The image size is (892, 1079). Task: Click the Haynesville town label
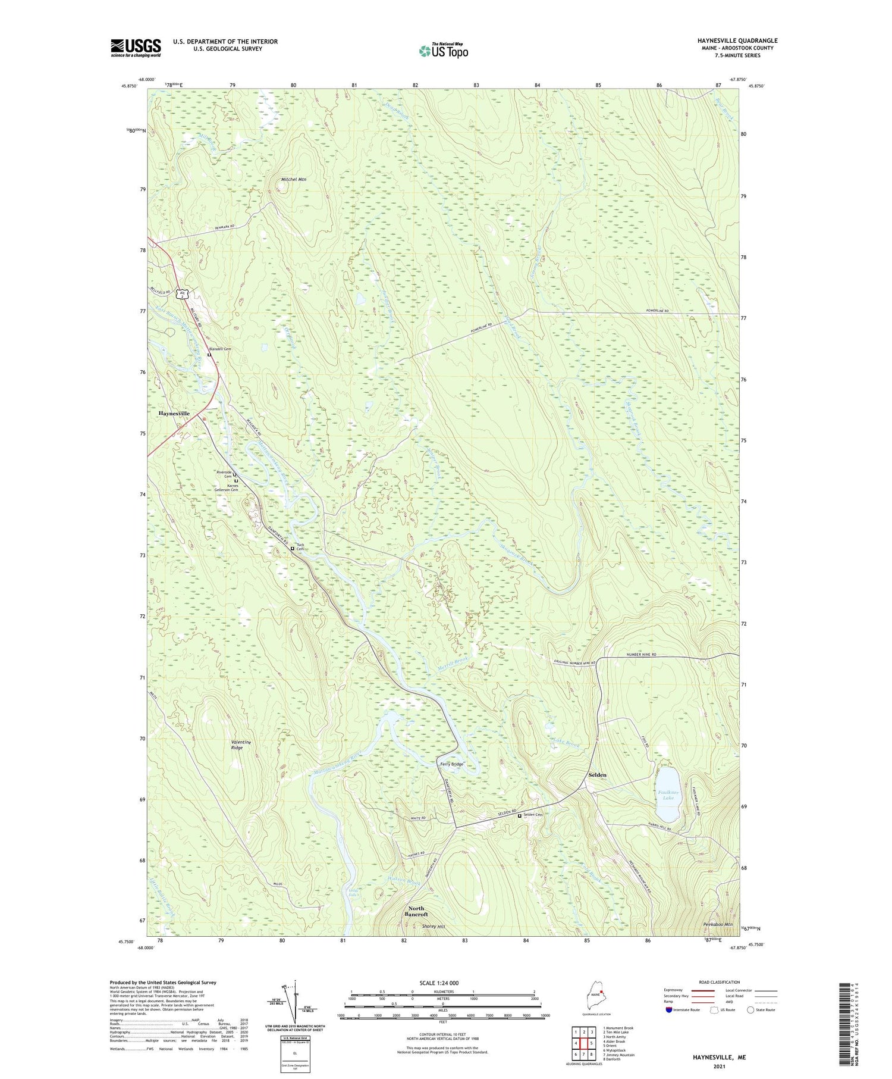pyautogui.click(x=174, y=413)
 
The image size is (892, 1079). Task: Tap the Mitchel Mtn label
pyautogui.click(x=294, y=179)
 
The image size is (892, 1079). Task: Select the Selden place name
pyautogui.click(x=597, y=775)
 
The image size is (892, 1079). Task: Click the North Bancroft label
pyautogui.click(x=416, y=911)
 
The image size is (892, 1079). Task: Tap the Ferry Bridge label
pyautogui.click(x=451, y=764)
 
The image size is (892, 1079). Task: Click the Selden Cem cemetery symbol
pyautogui.click(x=519, y=816)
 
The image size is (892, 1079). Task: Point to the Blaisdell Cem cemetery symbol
pyautogui.click(x=209, y=355)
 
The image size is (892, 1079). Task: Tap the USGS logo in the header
pyautogui.click(x=136, y=48)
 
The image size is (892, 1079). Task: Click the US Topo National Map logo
pyautogui.click(x=443, y=51)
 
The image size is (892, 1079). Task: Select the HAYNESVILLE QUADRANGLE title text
pyautogui.click(x=737, y=40)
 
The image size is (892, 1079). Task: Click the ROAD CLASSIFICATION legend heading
pyautogui.click(x=720, y=982)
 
